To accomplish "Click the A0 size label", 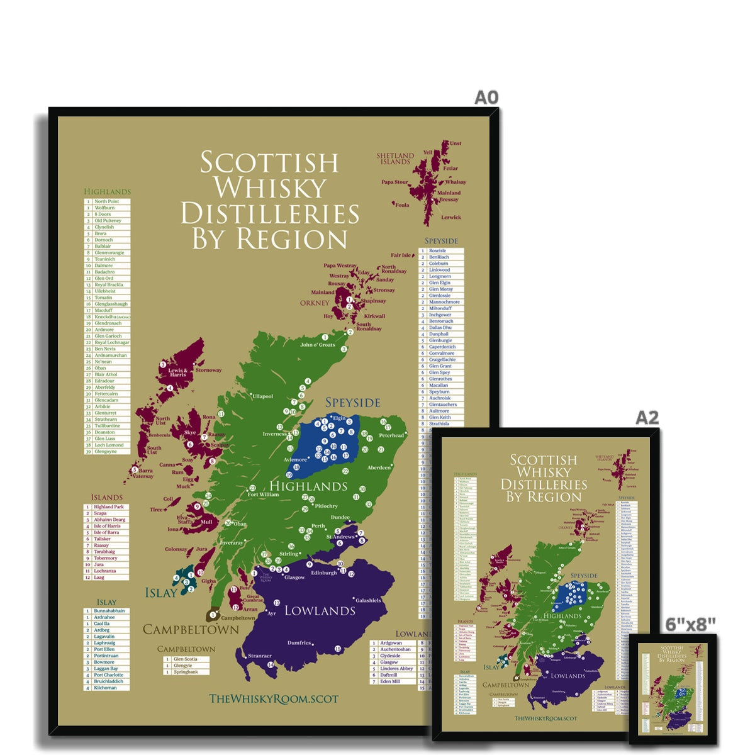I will pos(486,97).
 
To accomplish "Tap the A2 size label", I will pos(647,418).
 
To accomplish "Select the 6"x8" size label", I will pos(691,624).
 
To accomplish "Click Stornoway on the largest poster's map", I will pos(208,370).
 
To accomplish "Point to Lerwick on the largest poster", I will pos(451,218).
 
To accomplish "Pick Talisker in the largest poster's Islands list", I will pos(102,539).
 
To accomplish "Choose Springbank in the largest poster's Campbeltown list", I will pos(186,672).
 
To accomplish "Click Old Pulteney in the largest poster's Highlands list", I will pos(108,221).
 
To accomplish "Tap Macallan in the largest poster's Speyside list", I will pos(439,385).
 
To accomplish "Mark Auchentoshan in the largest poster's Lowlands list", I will pos(395,649).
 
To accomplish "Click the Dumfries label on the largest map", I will pos(299,642).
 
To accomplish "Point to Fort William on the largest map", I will pos(263,495).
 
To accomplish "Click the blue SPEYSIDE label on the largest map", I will pos(352,403).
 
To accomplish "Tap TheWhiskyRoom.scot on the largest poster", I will pos(274,698).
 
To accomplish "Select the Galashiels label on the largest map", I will pos(369,600).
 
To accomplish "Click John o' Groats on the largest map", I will pos(317,345).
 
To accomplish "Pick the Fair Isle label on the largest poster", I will pos(401,255).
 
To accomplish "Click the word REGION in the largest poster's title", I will pos(291,240).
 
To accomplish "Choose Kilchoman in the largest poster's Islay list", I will pos(105,688).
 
